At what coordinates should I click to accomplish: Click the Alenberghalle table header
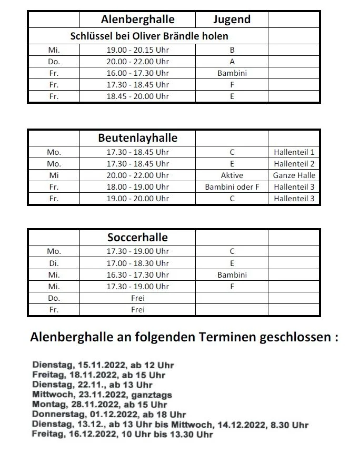(137, 20)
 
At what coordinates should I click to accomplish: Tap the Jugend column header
(232, 20)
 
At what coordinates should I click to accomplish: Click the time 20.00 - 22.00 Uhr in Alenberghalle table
(137, 62)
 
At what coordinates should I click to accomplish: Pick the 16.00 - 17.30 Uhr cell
(137, 73)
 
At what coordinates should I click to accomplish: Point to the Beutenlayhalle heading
(137, 139)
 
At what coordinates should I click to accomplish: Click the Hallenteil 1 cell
(294, 152)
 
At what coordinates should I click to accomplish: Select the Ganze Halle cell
(294, 175)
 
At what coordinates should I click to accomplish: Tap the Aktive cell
(232, 175)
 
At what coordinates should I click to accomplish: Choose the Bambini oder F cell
(232, 187)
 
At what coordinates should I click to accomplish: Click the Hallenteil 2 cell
(294, 164)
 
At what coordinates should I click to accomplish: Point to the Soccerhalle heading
(137, 237)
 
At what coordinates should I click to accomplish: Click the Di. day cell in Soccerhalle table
(54, 263)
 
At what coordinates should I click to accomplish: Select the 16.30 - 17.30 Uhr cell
(137, 275)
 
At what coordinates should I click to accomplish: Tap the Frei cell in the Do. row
(137, 298)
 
